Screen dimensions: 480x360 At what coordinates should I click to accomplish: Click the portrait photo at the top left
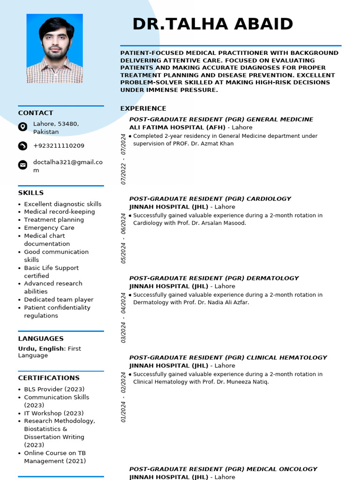coord(54,48)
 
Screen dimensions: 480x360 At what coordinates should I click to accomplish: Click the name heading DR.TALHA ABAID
coord(213,24)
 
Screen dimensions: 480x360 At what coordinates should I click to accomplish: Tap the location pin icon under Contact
coord(22,127)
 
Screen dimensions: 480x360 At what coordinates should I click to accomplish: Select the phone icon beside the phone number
coord(22,146)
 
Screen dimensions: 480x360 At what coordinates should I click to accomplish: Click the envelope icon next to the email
coord(22,165)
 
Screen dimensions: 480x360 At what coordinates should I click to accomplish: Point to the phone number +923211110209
coord(59,146)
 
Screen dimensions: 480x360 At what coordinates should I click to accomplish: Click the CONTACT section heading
coord(36,113)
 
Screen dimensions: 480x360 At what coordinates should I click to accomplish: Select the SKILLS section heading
coord(31,193)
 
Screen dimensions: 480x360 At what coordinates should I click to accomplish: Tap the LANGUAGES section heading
coord(41,338)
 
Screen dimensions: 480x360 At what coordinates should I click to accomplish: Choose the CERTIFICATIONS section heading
coord(49,378)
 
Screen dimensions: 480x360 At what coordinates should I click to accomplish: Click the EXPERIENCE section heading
coord(143,108)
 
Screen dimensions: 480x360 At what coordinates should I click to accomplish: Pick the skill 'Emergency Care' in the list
coord(49,228)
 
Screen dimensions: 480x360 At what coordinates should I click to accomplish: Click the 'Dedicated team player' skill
coord(59,300)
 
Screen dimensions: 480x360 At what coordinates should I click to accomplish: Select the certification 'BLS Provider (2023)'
coord(54,389)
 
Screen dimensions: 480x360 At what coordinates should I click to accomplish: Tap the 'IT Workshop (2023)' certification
coord(54,413)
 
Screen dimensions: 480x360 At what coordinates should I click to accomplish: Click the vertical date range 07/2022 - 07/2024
coord(124,159)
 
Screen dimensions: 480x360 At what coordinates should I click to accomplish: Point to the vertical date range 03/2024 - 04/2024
coord(124,318)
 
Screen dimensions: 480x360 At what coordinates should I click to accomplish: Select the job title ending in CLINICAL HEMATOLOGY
coord(228,357)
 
